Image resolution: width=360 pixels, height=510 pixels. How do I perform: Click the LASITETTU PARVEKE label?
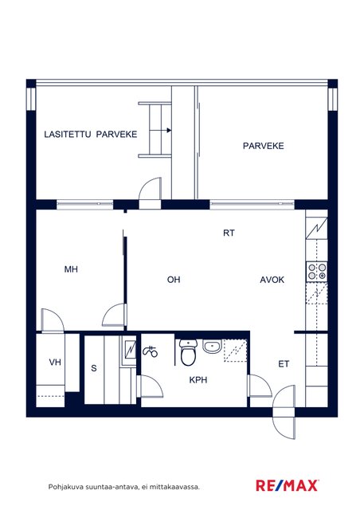(91, 135)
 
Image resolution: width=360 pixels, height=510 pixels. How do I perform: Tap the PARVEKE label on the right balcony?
(264, 146)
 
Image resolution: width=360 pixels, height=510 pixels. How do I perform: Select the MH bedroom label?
(71, 269)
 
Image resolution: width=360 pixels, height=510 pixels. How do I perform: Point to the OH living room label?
(174, 280)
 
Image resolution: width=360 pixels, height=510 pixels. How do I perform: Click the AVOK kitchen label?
(272, 280)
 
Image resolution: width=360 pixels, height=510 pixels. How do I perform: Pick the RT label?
(229, 233)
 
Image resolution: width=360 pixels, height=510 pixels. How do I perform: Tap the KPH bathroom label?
(198, 379)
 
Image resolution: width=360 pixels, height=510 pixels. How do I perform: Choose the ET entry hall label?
(284, 364)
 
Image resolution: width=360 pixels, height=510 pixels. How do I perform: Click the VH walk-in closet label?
(55, 362)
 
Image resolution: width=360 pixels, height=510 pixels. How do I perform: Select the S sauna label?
(94, 368)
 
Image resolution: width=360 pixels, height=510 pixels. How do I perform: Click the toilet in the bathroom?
(188, 352)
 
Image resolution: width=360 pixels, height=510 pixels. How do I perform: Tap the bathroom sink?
(212, 347)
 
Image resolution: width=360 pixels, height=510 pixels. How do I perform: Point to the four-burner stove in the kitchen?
(317, 272)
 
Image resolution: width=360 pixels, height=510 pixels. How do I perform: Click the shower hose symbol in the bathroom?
(150, 351)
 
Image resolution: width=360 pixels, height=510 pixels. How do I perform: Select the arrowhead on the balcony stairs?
(169, 131)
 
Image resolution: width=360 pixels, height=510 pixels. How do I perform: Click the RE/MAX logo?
(288, 485)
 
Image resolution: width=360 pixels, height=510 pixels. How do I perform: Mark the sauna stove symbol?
(130, 349)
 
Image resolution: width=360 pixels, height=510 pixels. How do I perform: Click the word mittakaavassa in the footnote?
(179, 487)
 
